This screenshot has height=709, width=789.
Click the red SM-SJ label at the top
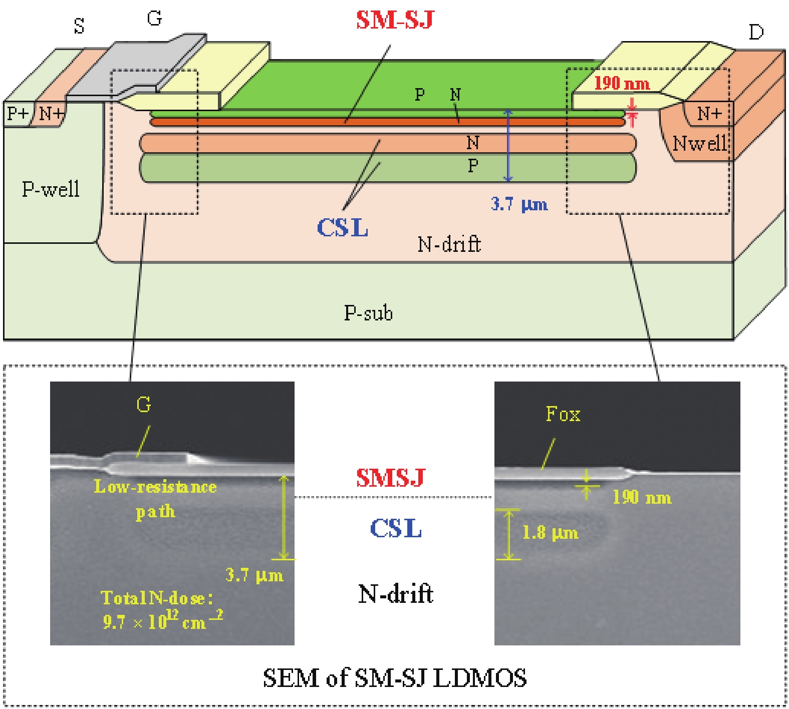tap(394, 20)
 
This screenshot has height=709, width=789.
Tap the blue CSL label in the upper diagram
tap(343, 228)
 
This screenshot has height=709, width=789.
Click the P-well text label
tap(51, 189)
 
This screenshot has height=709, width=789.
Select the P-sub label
tap(368, 313)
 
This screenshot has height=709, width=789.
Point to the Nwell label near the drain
tap(699, 144)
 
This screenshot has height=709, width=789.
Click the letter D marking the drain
tap(755, 33)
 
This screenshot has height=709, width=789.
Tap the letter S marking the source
tap(79, 26)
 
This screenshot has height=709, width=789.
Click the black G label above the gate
tap(154, 19)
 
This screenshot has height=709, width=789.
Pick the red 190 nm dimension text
tap(622, 83)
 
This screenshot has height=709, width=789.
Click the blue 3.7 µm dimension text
tap(519, 204)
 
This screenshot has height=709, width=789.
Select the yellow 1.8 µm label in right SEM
tap(550, 532)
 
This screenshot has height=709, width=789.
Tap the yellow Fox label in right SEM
tap(563, 414)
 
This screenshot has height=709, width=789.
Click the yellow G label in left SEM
tap(144, 405)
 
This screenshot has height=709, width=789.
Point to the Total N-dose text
tap(157, 598)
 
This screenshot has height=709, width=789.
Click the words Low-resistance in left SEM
tap(155, 487)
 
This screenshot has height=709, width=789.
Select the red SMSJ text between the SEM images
tap(391, 478)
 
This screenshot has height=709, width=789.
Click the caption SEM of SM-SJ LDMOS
tap(395, 678)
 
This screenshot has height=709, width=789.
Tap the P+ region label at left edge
tap(18, 114)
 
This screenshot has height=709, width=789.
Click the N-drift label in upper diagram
tap(449, 244)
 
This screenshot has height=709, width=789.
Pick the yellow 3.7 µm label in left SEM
tap(254, 575)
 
